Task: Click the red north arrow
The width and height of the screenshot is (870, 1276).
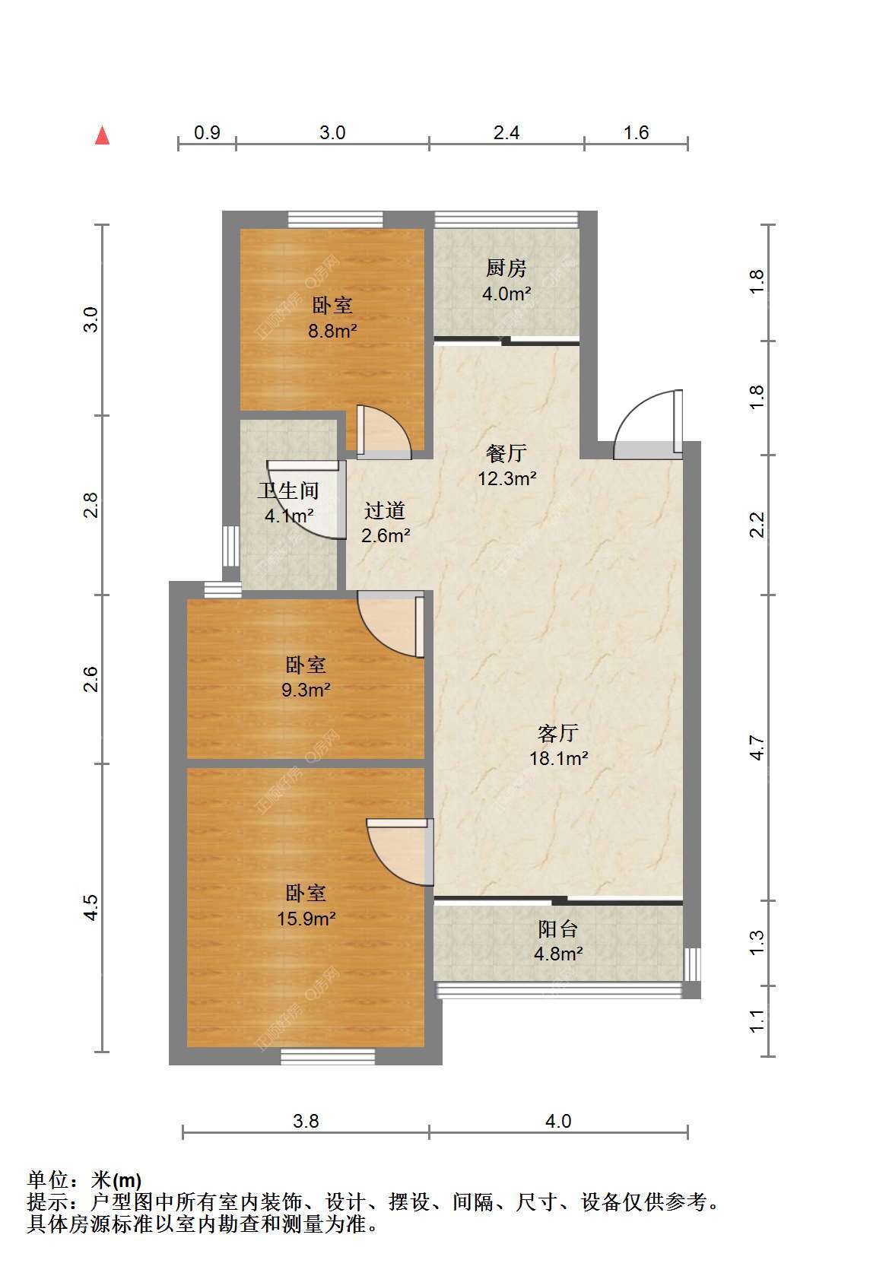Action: click(x=102, y=135)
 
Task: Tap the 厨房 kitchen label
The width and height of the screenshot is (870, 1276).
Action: click(x=506, y=268)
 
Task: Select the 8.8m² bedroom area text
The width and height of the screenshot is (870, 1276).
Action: click(x=333, y=330)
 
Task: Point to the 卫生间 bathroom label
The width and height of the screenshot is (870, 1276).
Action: click(x=287, y=490)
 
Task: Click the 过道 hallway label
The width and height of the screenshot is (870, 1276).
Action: click(x=385, y=511)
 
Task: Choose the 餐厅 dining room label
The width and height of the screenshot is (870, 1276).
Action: click(x=506, y=453)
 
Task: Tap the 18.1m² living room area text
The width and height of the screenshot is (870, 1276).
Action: click(x=558, y=758)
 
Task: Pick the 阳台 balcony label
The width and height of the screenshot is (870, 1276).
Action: click(x=557, y=929)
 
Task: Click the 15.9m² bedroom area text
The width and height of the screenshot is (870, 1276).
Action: click(x=306, y=919)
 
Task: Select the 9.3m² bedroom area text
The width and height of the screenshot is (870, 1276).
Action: click(x=306, y=690)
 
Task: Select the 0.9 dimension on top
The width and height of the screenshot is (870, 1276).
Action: click(x=207, y=133)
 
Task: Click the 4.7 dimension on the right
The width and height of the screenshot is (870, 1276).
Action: click(x=757, y=748)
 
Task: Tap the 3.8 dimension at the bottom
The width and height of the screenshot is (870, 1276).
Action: click(x=306, y=1121)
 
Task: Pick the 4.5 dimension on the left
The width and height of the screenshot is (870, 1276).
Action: click(x=90, y=907)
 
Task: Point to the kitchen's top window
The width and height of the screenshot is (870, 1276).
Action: click(x=506, y=220)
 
